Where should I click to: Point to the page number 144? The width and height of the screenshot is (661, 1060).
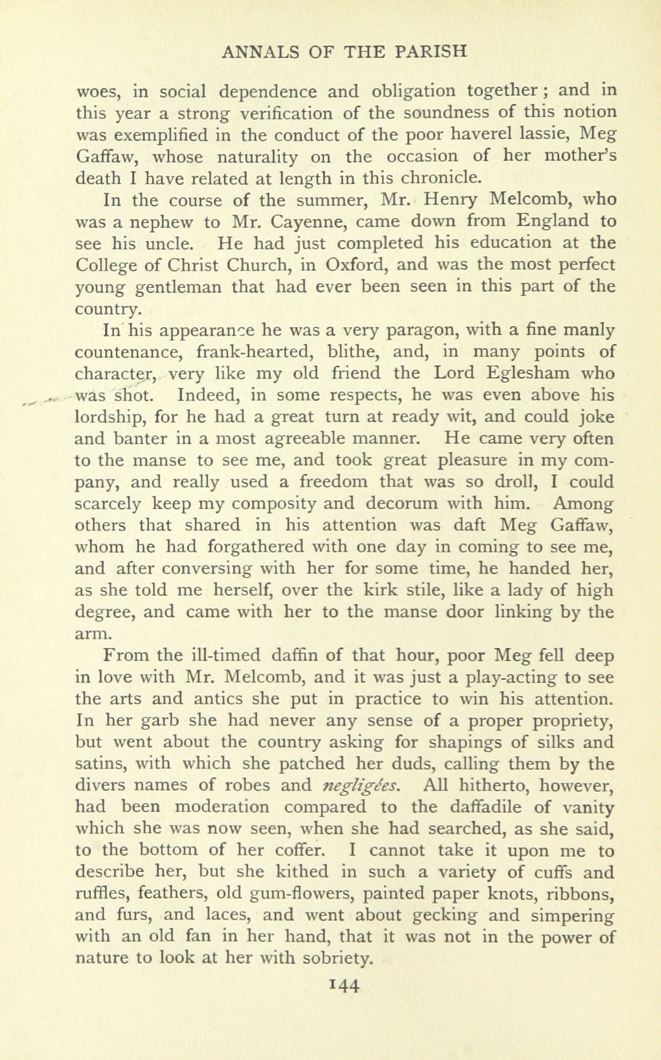click(x=331, y=985)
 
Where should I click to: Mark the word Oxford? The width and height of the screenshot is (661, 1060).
click(x=361, y=266)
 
